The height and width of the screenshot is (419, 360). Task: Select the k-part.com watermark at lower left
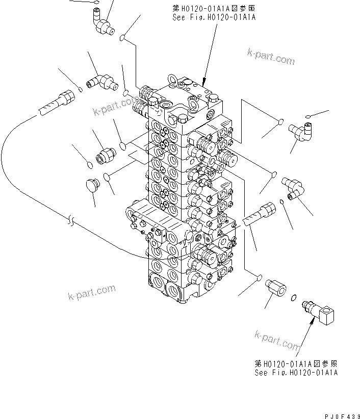click(92, 292)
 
